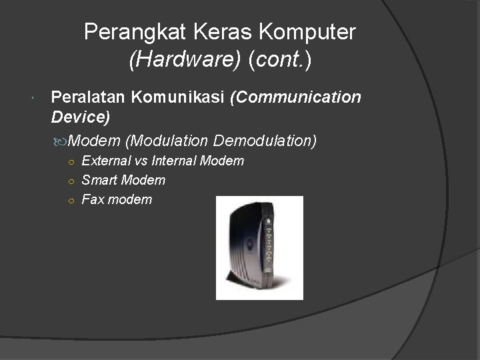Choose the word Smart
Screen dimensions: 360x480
click(x=99, y=180)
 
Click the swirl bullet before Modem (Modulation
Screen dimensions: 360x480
click(x=62, y=141)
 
